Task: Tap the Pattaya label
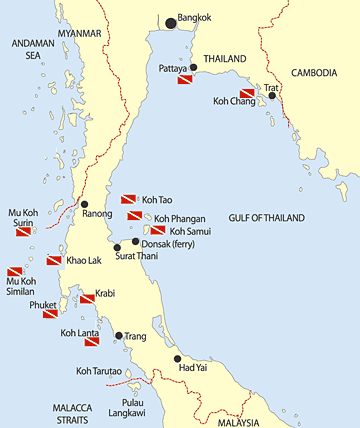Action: (175, 68)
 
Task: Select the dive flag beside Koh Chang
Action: (247, 94)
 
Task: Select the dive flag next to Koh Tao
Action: (129, 200)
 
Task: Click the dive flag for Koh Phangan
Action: (134, 216)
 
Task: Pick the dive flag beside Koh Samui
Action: (158, 230)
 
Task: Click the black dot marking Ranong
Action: (84, 203)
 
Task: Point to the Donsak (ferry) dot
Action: (136, 242)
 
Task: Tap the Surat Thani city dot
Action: (117, 247)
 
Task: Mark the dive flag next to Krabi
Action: (86, 298)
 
